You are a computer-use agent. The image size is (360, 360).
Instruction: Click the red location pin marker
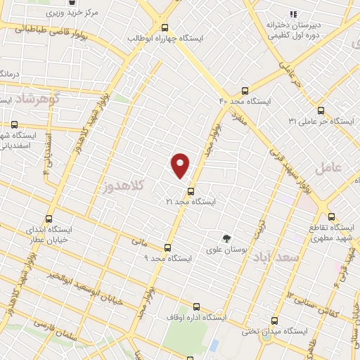coord(181,165)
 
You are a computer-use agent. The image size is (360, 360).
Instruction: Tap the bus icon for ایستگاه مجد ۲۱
coord(190,191)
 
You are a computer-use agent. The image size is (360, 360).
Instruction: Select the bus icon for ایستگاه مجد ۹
coord(167,247)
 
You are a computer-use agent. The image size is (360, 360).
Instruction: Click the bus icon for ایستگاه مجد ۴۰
coord(245,91)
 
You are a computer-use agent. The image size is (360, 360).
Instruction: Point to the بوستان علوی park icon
coord(226,238)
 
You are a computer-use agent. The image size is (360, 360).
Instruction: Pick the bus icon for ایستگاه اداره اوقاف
coord(196,307)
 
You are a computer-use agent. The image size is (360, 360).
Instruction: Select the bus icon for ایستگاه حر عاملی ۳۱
coord(321,110)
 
